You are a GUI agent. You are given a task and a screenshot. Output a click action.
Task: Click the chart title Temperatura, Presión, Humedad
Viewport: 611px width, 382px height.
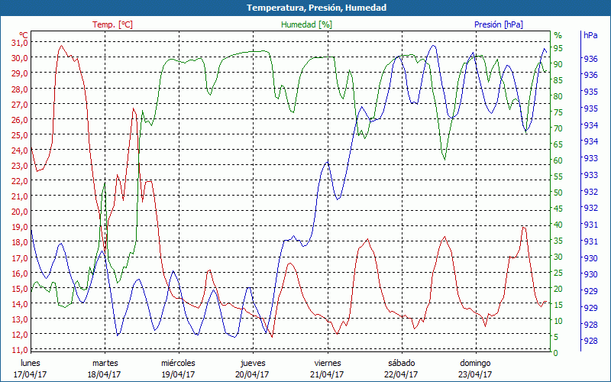pyautogui.click(x=305, y=8)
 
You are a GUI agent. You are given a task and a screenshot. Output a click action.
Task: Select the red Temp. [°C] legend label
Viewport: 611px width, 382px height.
pyautogui.click(x=112, y=24)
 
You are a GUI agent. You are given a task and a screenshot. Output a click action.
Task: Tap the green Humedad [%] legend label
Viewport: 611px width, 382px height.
pyautogui.click(x=306, y=24)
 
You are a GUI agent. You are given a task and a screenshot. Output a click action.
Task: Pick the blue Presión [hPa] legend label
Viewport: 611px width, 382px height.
pyautogui.click(x=499, y=24)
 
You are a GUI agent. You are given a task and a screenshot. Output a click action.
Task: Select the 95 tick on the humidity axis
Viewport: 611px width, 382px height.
pyautogui.click(x=558, y=48)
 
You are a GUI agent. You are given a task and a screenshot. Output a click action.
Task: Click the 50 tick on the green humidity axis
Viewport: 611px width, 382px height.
pyautogui.click(x=558, y=193)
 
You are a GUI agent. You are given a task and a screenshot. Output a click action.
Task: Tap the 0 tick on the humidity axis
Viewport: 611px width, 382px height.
pyautogui.click(x=556, y=353)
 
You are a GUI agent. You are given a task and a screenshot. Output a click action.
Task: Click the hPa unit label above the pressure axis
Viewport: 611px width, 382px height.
pyautogui.click(x=590, y=35)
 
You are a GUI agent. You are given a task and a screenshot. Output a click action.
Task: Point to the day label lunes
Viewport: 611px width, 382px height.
pyautogui.click(x=31, y=363)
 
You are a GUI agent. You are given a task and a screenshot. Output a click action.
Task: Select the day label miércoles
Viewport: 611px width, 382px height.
pyautogui.click(x=178, y=363)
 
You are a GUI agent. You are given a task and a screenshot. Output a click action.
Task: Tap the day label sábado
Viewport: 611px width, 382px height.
pyautogui.click(x=401, y=363)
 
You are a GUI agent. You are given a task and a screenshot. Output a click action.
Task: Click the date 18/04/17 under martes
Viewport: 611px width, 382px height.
pyautogui.click(x=105, y=374)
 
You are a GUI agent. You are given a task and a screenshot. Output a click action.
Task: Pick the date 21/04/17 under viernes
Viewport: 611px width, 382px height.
pyautogui.click(x=327, y=374)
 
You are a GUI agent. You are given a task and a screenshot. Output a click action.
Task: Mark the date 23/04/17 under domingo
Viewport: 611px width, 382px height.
pyautogui.click(x=475, y=374)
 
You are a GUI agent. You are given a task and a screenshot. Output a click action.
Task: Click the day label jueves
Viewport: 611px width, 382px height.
pyautogui.click(x=253, y=363)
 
